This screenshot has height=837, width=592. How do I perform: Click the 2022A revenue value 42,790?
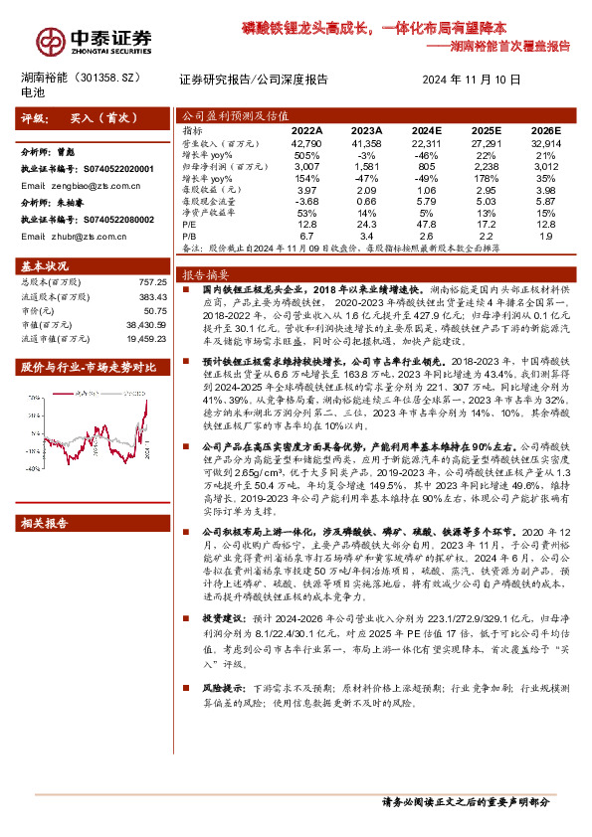point(307,145)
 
